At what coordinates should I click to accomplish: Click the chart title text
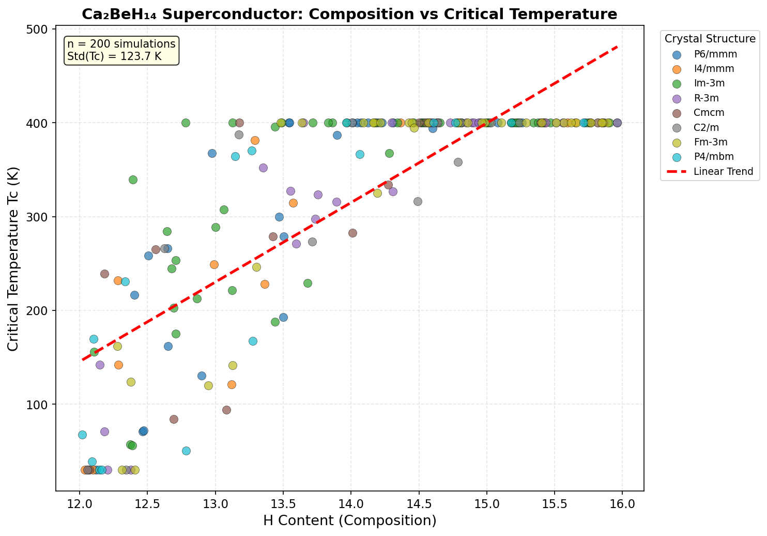[x=349, y=14]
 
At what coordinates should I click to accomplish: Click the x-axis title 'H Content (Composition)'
[x=349, y=520]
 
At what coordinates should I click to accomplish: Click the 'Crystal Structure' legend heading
[x=710, y=39]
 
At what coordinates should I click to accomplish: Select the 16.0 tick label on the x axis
[x=622, y=502]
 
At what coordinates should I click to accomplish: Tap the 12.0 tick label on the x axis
[x=79, y=502]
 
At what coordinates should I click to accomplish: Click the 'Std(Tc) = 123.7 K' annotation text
[x=114, y=56]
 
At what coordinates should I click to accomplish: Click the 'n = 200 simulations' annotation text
[x=121, y=44]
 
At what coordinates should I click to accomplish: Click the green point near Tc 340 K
[x=133, y=180]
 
